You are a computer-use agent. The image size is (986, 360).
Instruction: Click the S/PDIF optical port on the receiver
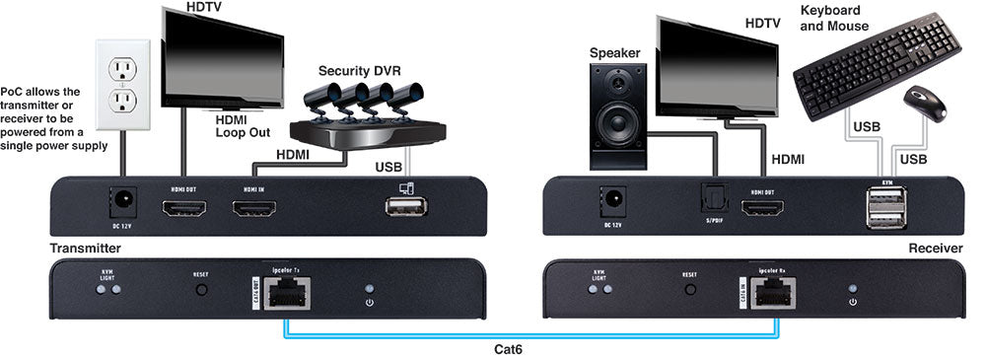coord(703,200)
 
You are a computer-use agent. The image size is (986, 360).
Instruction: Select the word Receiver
coord(935,248)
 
